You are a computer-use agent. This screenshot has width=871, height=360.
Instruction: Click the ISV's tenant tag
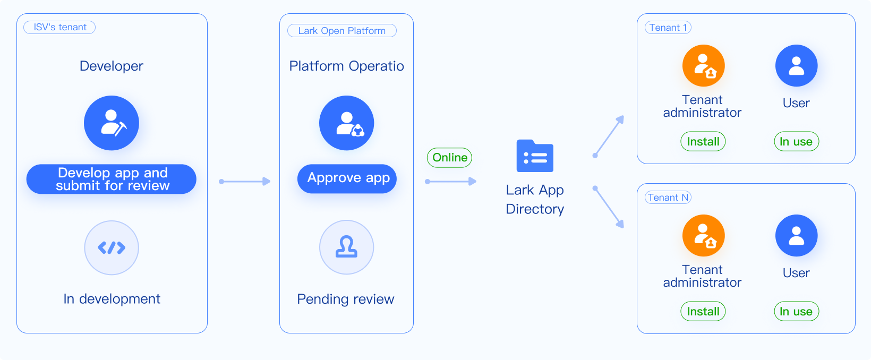[59, 27]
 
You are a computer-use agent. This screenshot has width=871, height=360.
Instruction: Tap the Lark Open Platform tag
[341, 31]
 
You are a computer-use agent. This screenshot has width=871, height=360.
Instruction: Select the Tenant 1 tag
[668, 28]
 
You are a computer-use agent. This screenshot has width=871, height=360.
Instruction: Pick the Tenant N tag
[668, 198]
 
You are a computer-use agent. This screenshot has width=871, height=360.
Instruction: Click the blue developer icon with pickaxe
[112, 123]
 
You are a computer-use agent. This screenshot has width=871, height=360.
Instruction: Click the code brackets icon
[112, 247]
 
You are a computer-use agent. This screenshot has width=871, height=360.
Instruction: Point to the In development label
[112, 299]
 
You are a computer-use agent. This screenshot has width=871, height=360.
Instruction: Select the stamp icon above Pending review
[346, 247]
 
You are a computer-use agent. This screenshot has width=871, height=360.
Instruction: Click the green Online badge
[449, 158]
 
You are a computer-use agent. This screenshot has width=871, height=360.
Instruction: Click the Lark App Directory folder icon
[535, 156]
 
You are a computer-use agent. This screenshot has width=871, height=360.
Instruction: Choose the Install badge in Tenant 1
[703, 142]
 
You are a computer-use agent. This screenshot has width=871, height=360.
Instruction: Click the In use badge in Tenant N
[796, 312]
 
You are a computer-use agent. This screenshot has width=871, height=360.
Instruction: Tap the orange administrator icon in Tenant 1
[703, 66]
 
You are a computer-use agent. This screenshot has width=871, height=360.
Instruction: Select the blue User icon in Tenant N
[796, 236]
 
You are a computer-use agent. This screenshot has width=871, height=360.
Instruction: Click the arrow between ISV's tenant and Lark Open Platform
[245, 182]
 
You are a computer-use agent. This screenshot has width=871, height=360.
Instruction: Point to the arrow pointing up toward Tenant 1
[609, 136]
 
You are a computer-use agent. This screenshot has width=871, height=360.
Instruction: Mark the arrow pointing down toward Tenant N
[609, 207]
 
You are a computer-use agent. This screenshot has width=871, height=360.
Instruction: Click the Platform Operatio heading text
[346, 66]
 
